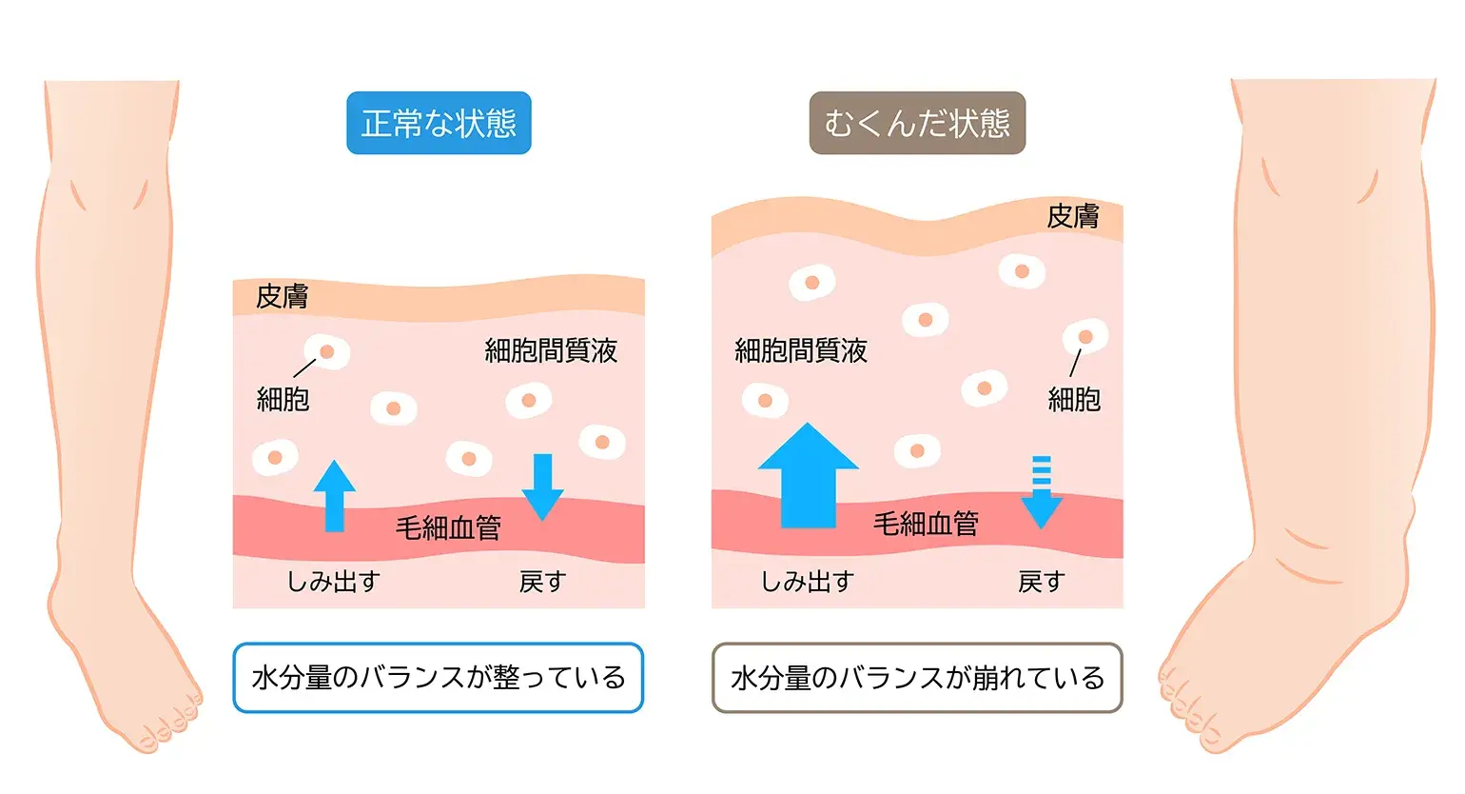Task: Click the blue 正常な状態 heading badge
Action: click(x=439, y=123)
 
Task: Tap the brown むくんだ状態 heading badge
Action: click(x=917, y=123)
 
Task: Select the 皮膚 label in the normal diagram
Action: click(x=282, y=297)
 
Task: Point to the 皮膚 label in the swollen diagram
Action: click(x=1073, y=217)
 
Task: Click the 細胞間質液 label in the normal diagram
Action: click(x=551, y=351)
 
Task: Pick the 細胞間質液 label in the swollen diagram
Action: click(x=801, y=351)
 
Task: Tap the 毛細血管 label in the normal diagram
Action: click(x=448, y=527)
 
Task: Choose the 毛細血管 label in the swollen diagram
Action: click(x=926, y=524)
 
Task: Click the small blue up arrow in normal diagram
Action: click(x=334, y=496)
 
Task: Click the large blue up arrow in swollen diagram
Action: click(x=808, y=476)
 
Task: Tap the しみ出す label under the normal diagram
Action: click(x=334, y=582)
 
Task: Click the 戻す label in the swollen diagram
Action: click(x=1041, y=582)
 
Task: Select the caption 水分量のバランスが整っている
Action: click(x=439, y=678)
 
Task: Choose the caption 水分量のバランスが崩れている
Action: click(x=917, y=678)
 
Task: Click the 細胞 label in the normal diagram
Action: click(x=283, y=399)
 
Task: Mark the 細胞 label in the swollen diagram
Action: click(x=1074, y=400)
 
